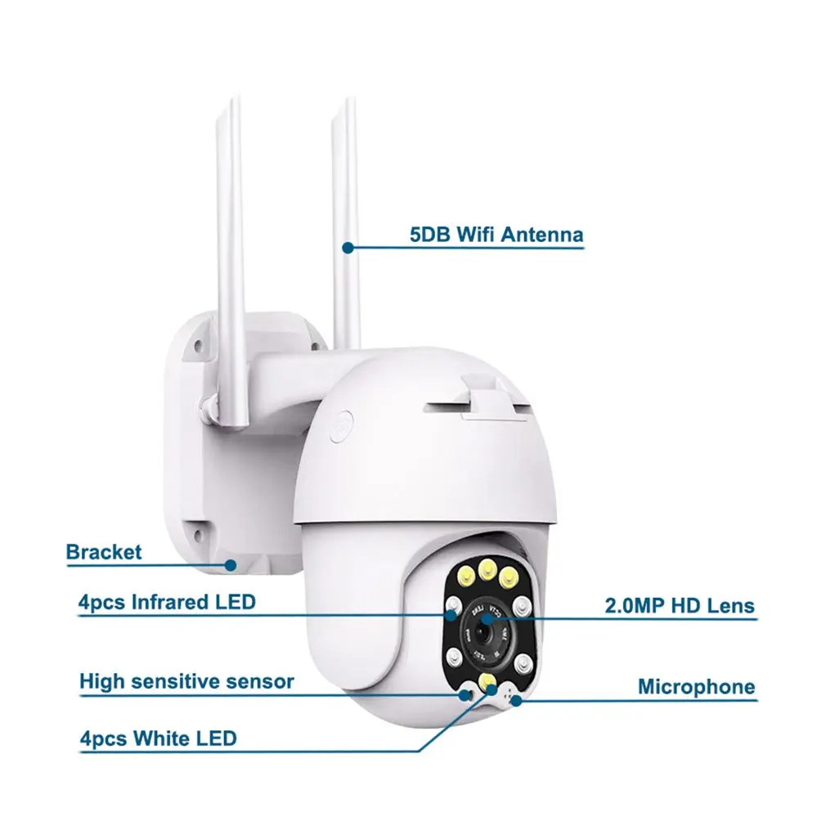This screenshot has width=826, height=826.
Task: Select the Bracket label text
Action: tap(104, 552)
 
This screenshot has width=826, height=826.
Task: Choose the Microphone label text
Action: tap(696, 687)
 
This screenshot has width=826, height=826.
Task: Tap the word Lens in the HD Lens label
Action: tap(732, 606)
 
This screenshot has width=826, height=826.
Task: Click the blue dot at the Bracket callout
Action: tap(231, 564)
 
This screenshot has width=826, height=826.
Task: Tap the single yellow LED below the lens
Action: tap(488, 682)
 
